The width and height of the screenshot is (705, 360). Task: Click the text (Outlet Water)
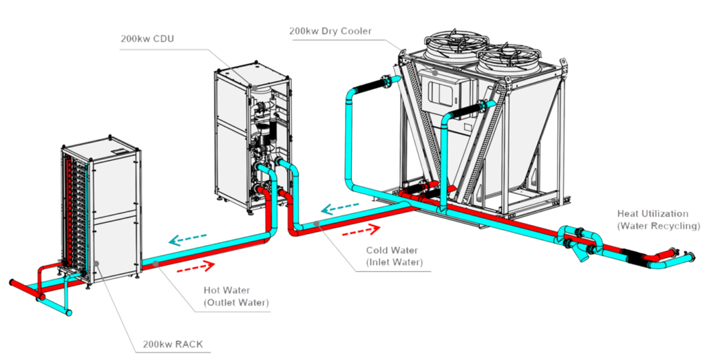point(236,302)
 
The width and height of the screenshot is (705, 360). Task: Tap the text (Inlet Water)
point(394,262)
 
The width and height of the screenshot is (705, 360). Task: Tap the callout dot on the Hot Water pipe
point(158,264)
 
